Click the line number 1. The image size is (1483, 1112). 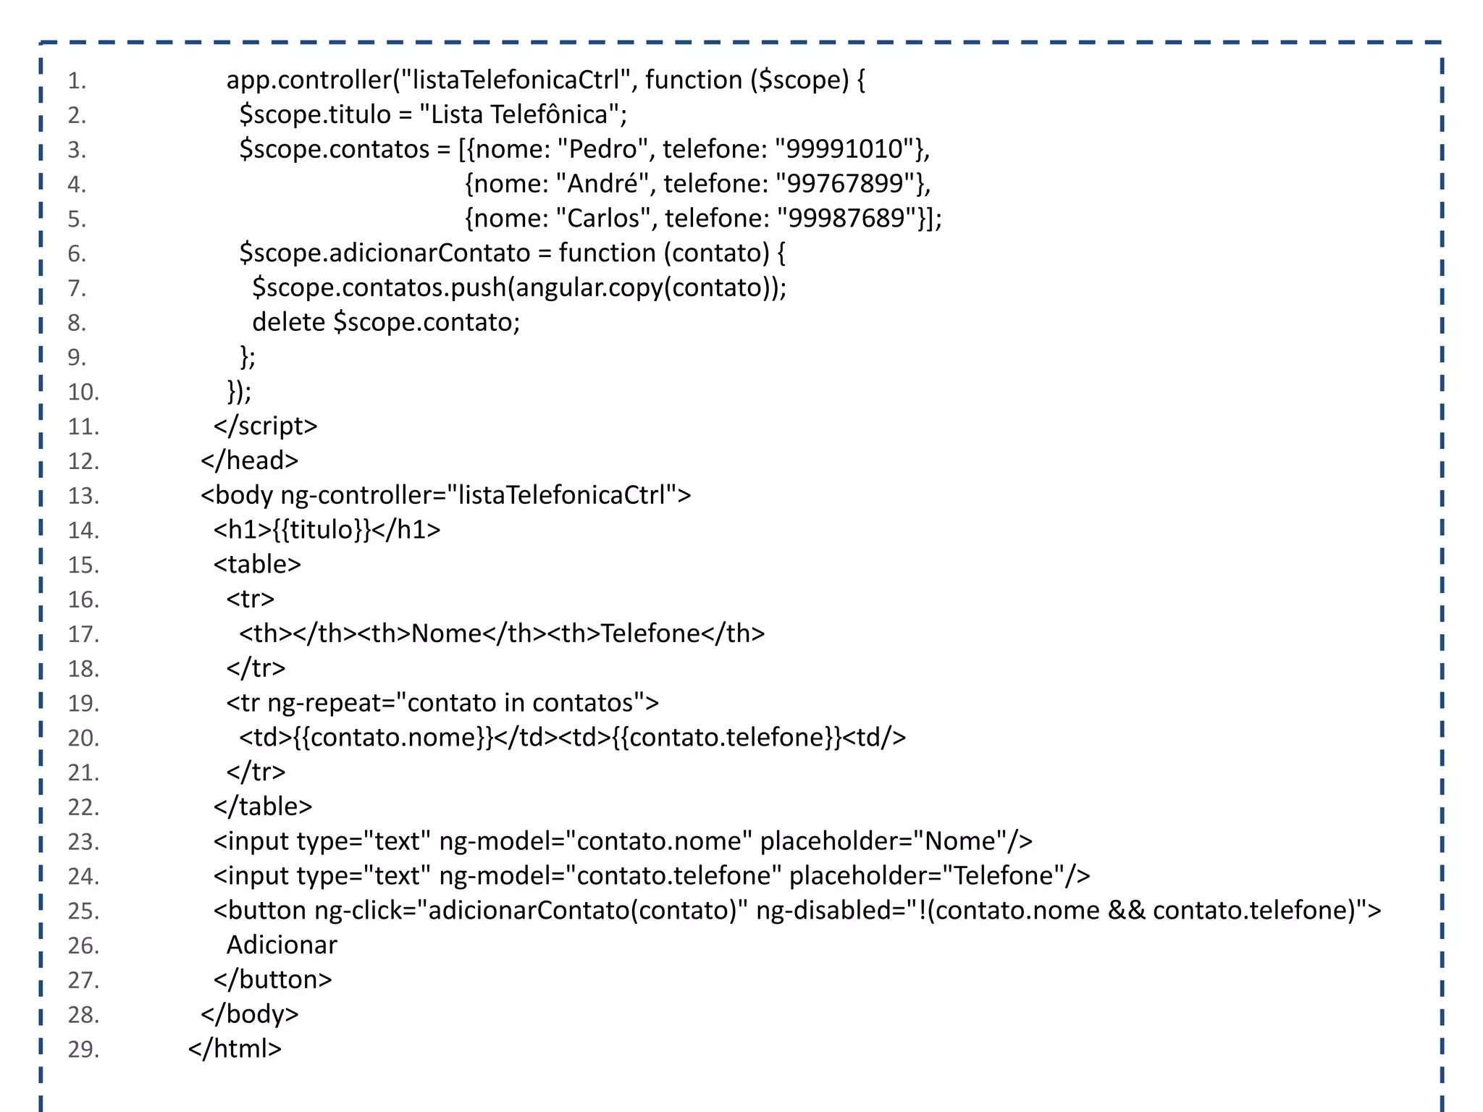(x=77, y=80)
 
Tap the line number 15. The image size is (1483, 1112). (x=83, y=565)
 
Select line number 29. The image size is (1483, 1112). (x=83, y=1049)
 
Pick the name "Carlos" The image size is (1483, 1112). (x=604, y=219)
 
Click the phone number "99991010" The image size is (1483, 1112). (x=844, y=149)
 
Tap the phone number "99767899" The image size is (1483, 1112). (x=844, y=184)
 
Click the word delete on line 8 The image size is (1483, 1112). (x=288, y=322)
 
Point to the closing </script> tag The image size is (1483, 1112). (x=265, y=426)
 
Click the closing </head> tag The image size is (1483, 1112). (x=249, y=460)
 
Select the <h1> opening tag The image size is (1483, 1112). (x=243, y=530)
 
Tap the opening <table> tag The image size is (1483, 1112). (x=257, y=565)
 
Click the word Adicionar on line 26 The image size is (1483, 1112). (x=282, y=945)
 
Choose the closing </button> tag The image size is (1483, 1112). (x=272, y=980)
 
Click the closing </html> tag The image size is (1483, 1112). (x=235, y=1049)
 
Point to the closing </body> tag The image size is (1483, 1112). (x=249, y=1014)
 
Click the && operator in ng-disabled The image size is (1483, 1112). (x=1126, y=911)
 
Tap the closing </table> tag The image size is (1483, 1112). (x=262, y=806)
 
